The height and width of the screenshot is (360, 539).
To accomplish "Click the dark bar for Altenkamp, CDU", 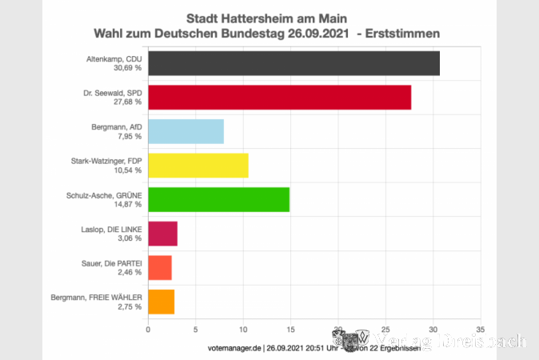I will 293,63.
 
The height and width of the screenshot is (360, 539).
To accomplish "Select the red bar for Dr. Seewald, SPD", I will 279,97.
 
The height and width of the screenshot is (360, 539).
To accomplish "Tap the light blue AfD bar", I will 186,131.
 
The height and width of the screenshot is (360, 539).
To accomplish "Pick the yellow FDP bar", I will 198,165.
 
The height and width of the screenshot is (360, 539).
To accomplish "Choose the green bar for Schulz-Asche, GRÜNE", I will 218,199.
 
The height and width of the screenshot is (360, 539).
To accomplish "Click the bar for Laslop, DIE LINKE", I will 162,233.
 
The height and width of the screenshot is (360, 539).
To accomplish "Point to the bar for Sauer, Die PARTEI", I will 159,267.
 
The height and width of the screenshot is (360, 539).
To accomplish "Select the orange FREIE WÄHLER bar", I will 161,302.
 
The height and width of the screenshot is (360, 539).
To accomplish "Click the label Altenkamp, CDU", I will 114,58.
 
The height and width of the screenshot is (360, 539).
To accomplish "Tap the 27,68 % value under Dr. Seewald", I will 127,102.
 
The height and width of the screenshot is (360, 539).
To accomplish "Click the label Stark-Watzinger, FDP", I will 107,161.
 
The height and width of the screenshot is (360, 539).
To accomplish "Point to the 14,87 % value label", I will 127,204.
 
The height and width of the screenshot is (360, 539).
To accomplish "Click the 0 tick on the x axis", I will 148,329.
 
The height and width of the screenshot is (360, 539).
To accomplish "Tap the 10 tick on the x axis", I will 243,329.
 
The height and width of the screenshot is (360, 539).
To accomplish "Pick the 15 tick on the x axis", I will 290,329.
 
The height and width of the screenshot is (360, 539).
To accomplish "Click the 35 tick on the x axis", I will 480,329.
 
